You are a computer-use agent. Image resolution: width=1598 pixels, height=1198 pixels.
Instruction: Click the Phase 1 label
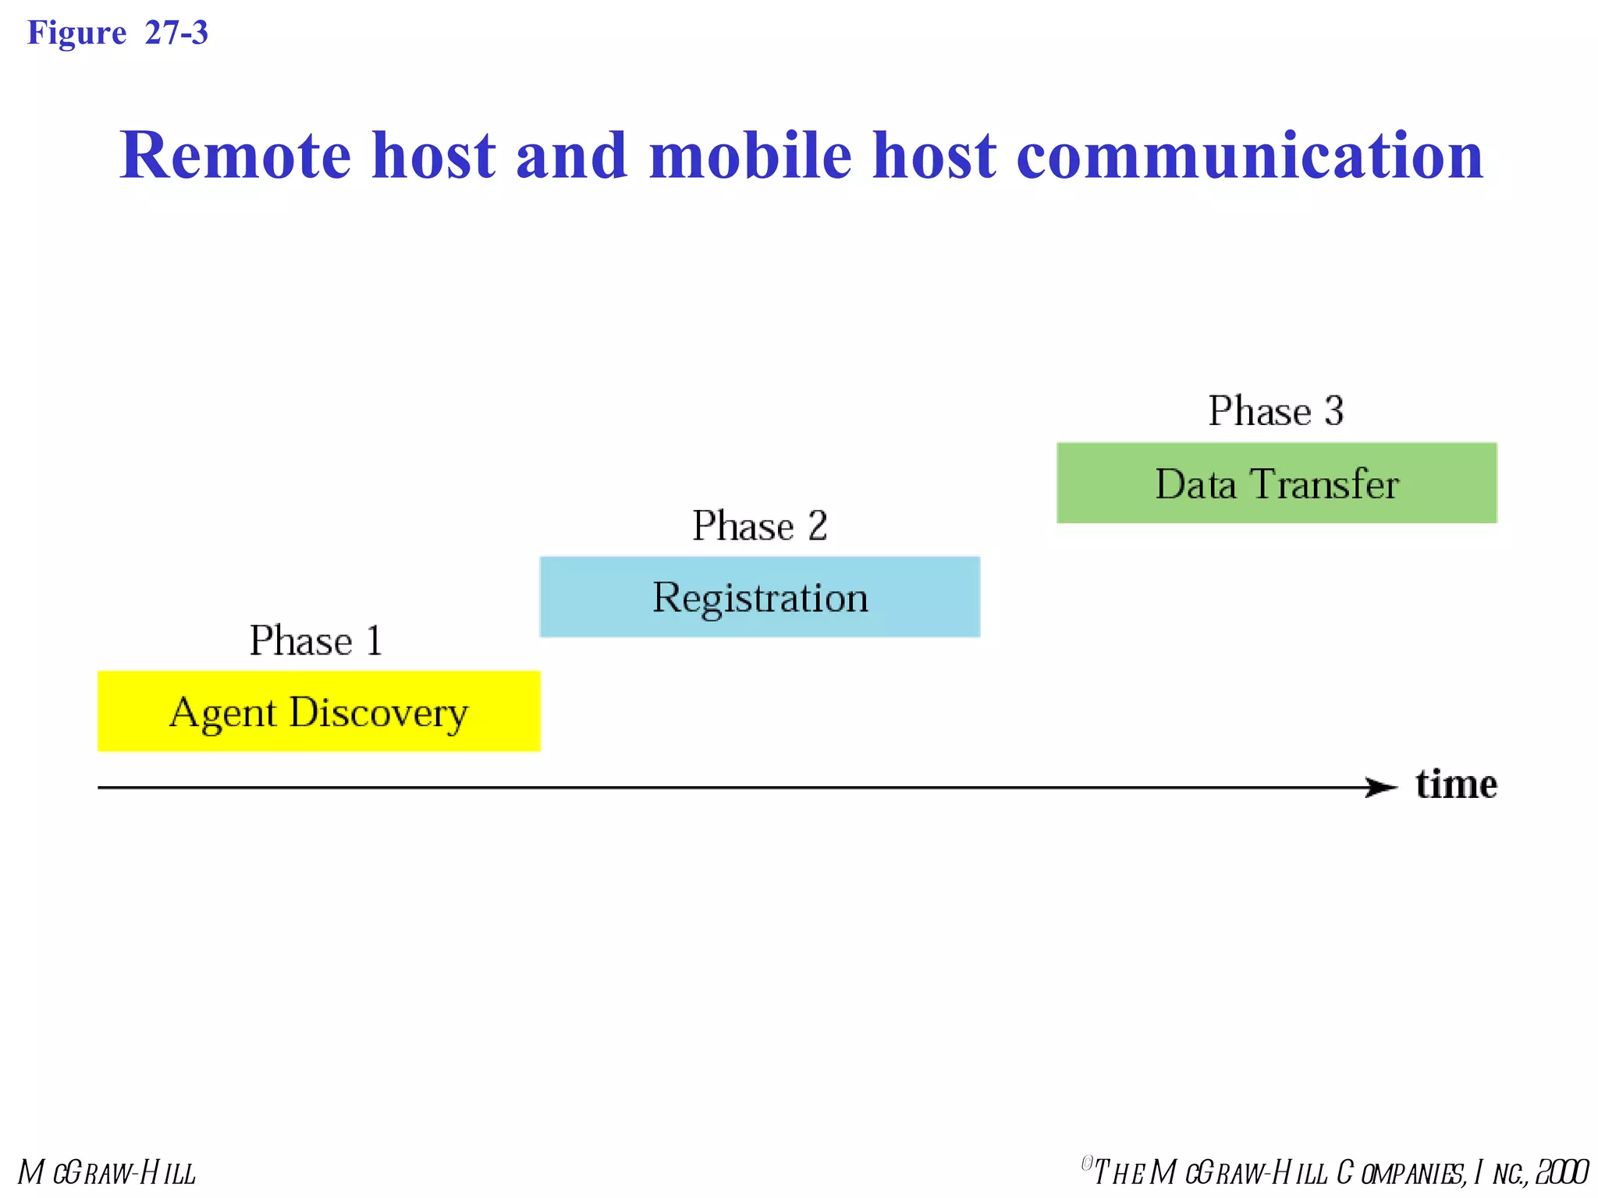point(316,641)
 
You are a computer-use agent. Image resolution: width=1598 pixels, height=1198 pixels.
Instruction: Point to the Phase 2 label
point(759,526)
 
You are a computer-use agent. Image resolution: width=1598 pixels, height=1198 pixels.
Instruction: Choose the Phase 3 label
point(1276,411)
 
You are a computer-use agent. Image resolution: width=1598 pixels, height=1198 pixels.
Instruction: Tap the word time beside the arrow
point(1456,784)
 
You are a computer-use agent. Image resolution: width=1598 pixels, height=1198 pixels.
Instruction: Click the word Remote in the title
point(235,156)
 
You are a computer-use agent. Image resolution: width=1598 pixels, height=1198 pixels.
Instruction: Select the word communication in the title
point(1249,156)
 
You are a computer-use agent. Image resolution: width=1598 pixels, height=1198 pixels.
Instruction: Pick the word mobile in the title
point(750,156)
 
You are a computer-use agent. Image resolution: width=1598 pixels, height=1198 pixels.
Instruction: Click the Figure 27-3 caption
point(118,33)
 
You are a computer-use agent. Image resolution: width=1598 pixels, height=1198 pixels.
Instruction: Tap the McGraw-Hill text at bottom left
point(108,1172)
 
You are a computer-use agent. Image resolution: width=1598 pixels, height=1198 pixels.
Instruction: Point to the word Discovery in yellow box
point(378,713)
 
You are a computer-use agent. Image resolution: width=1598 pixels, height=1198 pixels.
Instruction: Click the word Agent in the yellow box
point(222,713)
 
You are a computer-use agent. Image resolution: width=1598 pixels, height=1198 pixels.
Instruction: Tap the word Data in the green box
point(1195,484)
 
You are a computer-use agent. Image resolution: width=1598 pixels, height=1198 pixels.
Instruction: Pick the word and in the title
point(572,156)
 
